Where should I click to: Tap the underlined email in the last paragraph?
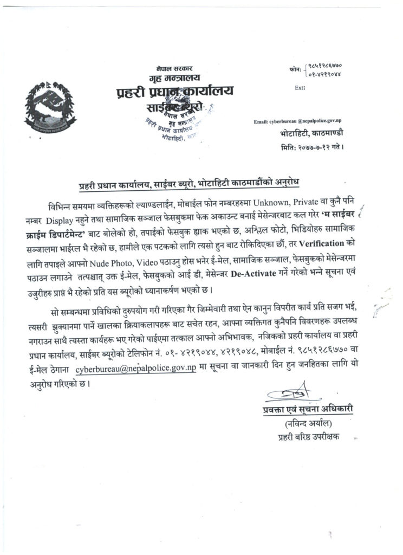(135, 370)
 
